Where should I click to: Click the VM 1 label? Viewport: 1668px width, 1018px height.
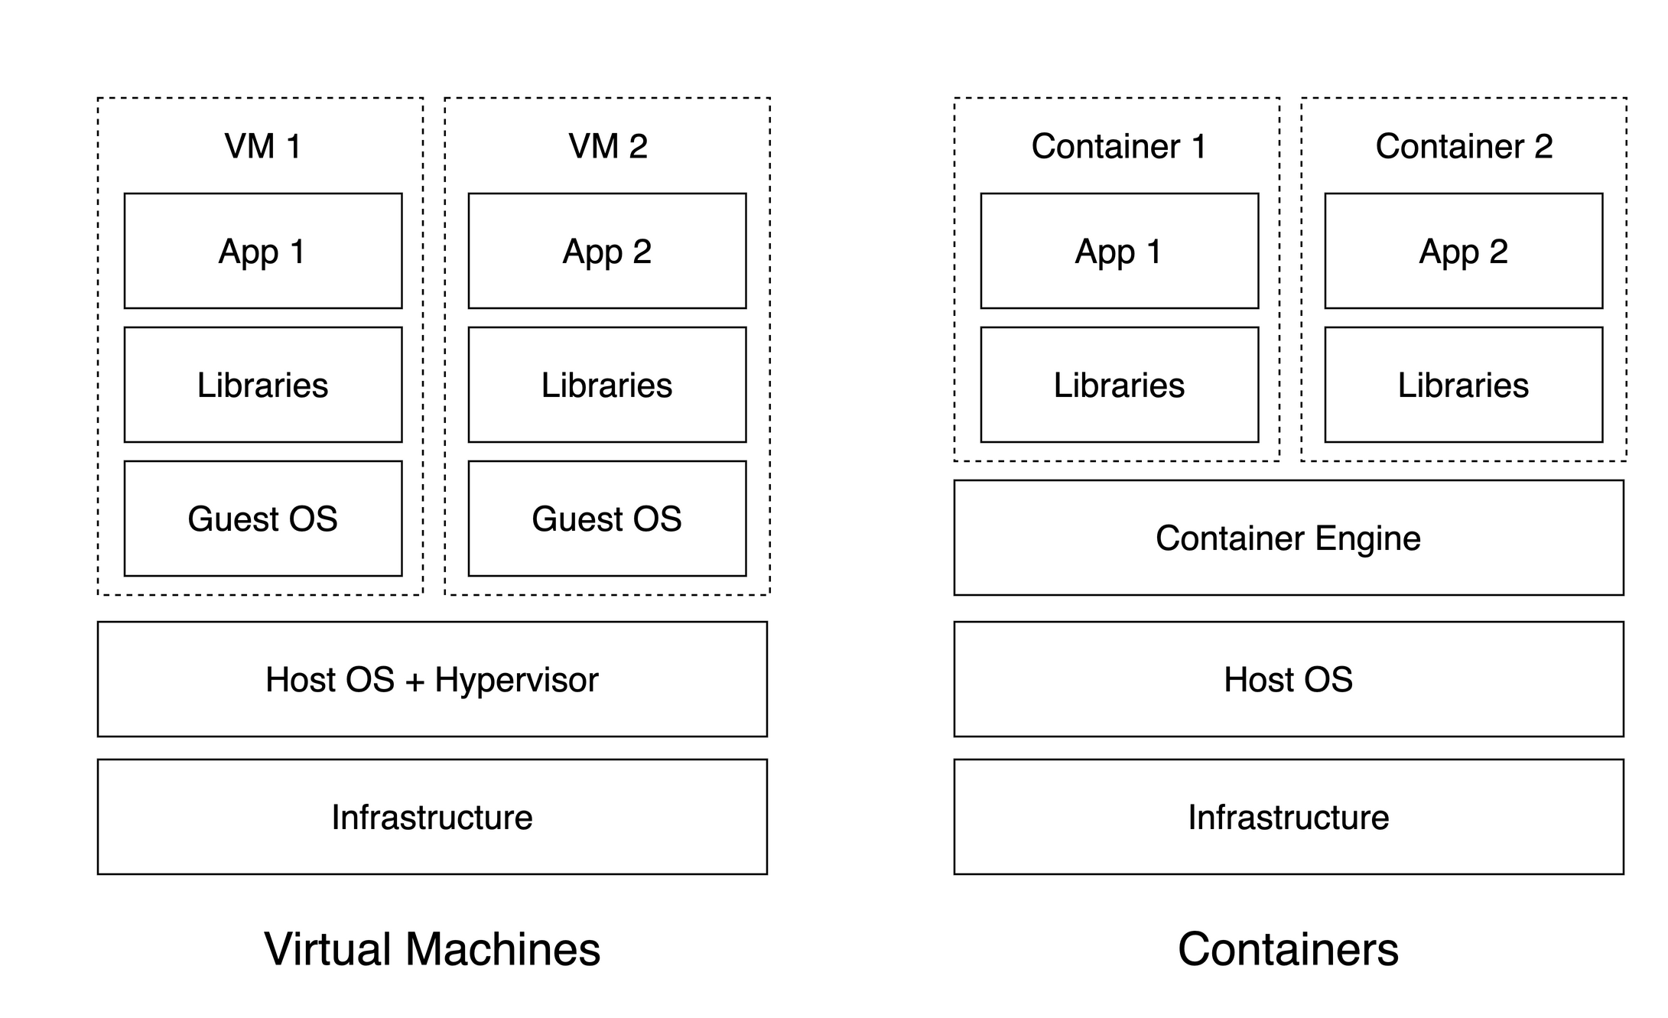(x=262, y=146)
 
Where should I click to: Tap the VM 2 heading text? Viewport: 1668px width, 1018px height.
(x=607, y=146)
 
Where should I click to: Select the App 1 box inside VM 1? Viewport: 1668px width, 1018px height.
(x=262, y=251)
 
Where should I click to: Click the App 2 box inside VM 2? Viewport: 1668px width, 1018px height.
(x=606, y=251)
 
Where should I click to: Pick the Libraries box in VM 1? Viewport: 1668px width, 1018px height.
(x=262, y=385)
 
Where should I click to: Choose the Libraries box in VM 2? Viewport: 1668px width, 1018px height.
(x=606, y=385)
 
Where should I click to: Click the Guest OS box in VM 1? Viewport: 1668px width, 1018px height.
(x=262, y=519)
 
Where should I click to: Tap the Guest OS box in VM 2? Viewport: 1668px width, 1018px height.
(x=606, y=519)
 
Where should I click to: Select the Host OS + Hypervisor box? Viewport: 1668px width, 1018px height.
(x=432, y=679)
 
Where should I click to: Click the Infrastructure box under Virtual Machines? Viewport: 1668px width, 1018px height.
(x=432, y=817)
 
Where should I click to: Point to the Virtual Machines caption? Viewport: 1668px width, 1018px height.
(x=432, y=949)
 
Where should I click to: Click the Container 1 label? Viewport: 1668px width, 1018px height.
(x=1118, y=146)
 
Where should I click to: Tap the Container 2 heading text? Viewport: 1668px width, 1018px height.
(x=1463, y=146)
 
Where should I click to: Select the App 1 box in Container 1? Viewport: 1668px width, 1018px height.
(x=1119, y=251)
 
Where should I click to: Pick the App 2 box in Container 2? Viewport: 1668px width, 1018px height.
(x=1463, y=251)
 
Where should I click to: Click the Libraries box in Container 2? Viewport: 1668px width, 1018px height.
(x=1463, y=385)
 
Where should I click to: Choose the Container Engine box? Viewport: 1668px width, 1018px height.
(x=1288, y=538)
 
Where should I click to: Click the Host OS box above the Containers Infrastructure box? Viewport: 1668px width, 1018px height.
(x=1288, y=679)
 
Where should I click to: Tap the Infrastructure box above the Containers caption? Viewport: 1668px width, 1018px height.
(x=1288, y=817)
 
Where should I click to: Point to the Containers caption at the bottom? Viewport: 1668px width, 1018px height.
(x=1288, y=949)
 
